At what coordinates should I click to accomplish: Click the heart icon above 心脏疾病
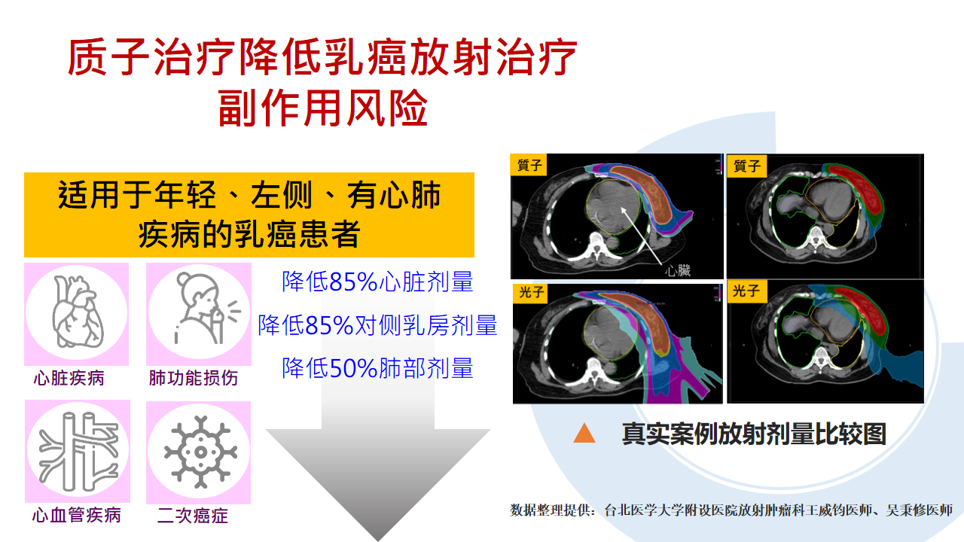[x=78, y=312]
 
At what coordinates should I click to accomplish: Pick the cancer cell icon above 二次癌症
[x=200, y=452]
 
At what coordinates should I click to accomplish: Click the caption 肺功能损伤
[x=194, y=378]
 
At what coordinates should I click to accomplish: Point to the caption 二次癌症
[x=192, y=515]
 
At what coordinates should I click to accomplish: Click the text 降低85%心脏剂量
[x=377, y=282]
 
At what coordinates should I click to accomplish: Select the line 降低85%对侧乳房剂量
[x=377, y=324]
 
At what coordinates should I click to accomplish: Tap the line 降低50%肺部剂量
[x=377, y=368]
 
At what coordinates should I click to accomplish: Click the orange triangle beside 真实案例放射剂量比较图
[x=584, y=434]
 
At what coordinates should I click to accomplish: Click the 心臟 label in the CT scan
[x=677, y=270]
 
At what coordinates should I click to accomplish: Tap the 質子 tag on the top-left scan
[x=529, y=165]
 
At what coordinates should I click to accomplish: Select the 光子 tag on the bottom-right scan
[x=746, y=291]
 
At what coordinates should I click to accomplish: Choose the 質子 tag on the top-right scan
[x=746, y=166]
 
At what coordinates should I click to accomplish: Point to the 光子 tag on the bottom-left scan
[x=531, y=293]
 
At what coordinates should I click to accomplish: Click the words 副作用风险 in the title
[x=322, y=108]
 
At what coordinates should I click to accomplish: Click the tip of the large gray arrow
[x=378, y=540]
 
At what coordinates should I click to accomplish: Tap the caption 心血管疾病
[x=77, y=515]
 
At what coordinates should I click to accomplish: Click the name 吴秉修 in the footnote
[x=905, y=510]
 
